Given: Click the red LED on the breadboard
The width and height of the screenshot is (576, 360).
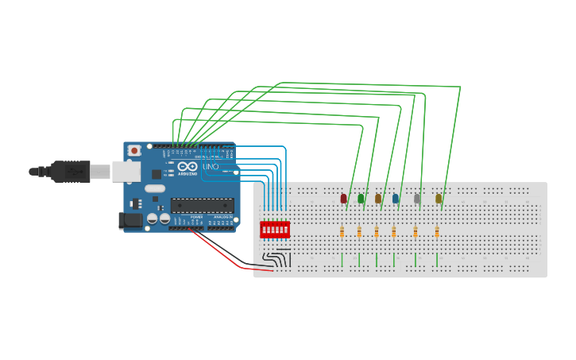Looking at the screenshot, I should (343, 199).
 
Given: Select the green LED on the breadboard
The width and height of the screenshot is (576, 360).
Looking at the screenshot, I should (361, 199).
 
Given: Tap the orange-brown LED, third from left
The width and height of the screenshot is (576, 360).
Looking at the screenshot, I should (378, 199).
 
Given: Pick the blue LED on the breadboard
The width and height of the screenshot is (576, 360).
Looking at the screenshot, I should (396, 199).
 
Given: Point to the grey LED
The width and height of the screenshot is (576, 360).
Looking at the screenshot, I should (417, 199).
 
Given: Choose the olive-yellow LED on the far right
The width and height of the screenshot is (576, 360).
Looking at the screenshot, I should (438, 199).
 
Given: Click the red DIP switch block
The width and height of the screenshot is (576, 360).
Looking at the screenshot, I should (275, 230).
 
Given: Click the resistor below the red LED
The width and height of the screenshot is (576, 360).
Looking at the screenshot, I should (342, 232).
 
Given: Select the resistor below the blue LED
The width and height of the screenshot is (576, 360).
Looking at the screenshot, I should (394, 232).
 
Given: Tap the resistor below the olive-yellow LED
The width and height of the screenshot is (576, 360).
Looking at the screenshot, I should (436, 232).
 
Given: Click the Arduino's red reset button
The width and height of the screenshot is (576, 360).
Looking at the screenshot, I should (134, 150).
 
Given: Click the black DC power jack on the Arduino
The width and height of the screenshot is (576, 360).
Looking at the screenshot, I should (130, 220).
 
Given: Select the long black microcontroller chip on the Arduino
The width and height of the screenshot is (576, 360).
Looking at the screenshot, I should (203, 205).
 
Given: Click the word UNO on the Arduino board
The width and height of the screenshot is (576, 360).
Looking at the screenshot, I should (211, 167).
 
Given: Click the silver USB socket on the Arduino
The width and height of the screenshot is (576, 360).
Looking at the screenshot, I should (126, 171).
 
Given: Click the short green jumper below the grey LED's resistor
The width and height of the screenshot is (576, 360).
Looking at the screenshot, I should (416, 260).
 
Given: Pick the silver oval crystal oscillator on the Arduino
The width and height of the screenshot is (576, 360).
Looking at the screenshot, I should (155, 189).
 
